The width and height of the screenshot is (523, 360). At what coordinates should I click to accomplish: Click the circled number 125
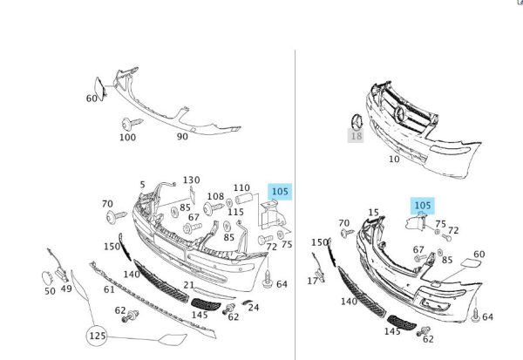(97, 336)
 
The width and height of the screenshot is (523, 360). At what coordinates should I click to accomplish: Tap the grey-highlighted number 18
(356, 136)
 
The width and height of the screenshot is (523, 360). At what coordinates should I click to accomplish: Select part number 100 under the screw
(128, 137)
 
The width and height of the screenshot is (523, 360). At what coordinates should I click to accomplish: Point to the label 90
(182, 137)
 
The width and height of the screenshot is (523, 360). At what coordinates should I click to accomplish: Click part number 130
(191, 180)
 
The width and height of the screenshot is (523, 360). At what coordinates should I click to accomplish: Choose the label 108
(215, 196)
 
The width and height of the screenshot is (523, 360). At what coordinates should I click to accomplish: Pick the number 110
(241, 187)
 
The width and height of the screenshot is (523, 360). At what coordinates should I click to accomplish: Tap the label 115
(236, 212)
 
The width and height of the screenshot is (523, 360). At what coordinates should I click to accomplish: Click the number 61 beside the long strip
(109, 289)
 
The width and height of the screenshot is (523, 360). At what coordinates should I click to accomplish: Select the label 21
(189, 285)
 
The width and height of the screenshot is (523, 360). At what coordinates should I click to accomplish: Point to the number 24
(254, 308)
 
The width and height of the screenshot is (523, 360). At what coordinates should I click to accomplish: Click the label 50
(50, 291)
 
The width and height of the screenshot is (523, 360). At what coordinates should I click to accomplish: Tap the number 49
(66, 289)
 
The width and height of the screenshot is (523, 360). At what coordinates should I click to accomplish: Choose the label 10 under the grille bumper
(394, 159)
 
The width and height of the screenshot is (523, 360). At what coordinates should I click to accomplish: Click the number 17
(313, 281)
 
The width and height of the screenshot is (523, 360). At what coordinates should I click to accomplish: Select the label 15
(374, 213)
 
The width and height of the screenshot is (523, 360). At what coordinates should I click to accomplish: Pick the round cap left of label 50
(47, 278)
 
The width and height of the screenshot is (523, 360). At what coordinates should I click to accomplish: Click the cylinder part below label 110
(244, 199)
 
